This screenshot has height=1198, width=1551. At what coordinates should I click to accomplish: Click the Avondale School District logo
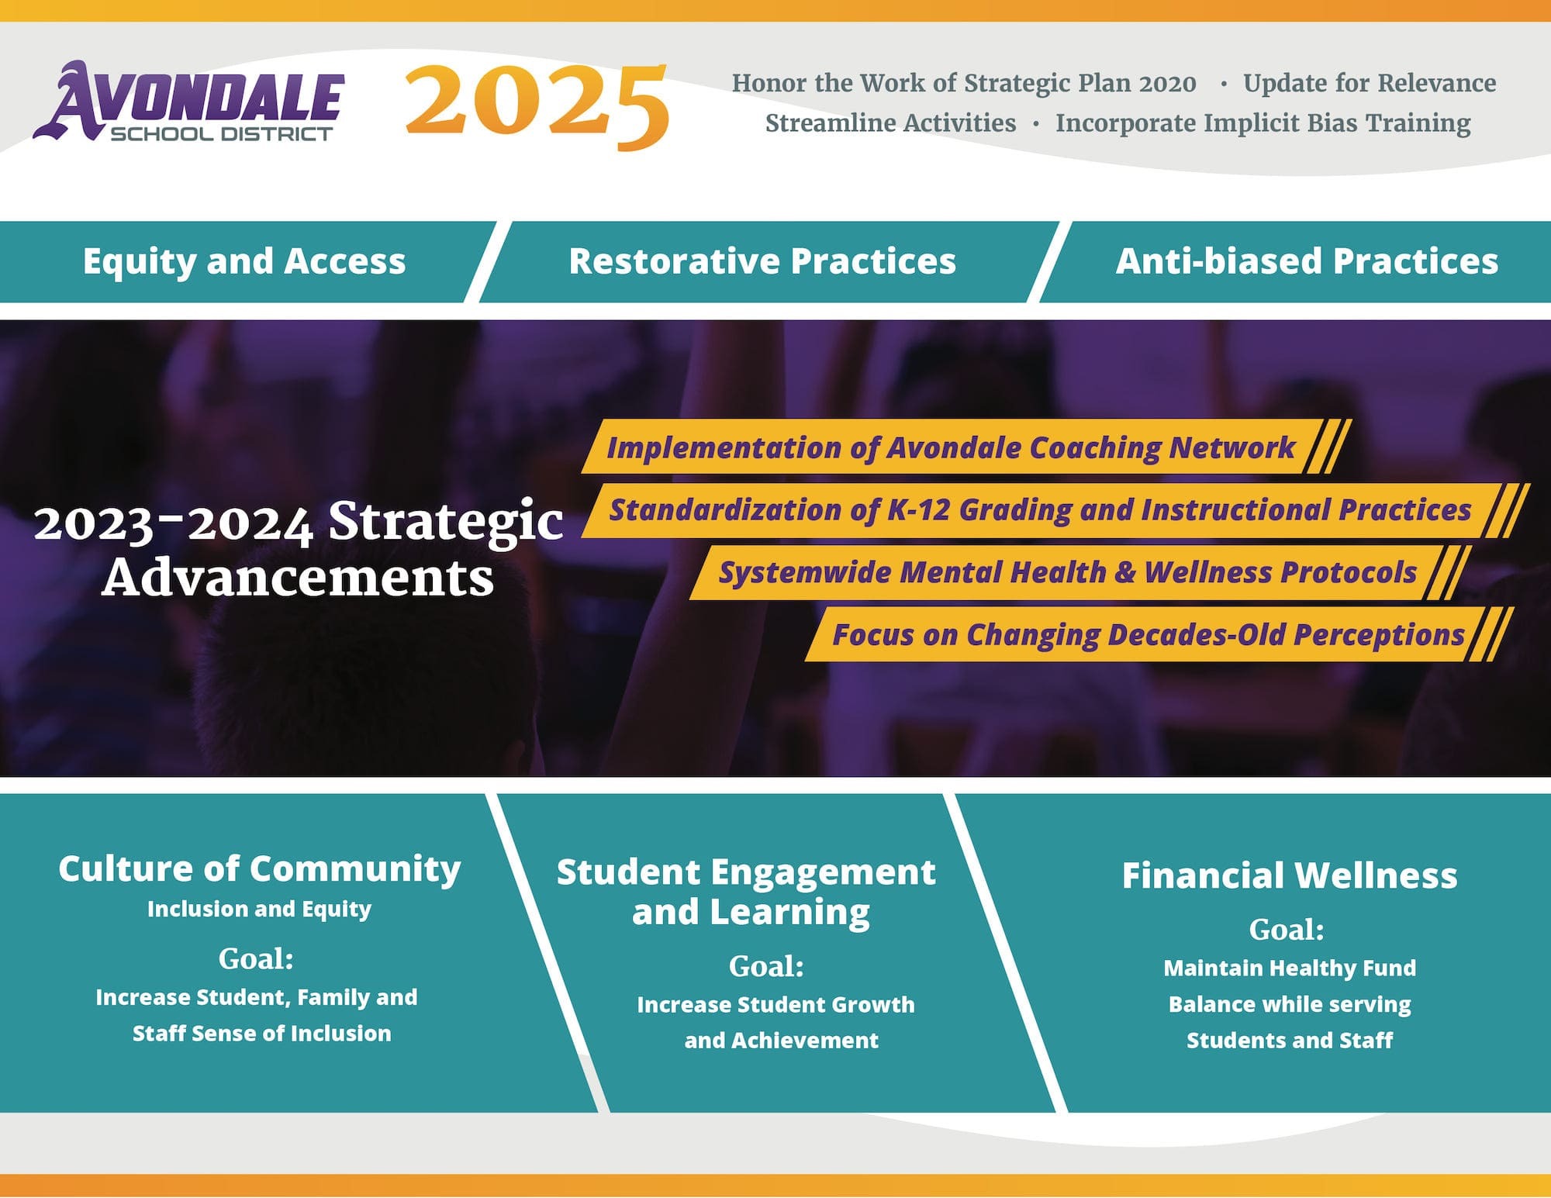(188, 102)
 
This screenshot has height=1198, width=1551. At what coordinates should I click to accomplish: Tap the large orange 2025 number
(537, 105)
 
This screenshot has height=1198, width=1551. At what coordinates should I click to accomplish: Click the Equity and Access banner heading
(244, 261)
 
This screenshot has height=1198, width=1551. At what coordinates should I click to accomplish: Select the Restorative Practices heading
(762, 261)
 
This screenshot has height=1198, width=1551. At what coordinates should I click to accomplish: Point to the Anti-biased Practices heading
(1307, 261)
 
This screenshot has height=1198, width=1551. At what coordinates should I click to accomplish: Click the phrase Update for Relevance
(1370, 83)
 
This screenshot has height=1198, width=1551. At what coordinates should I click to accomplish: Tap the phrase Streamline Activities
(890, 123)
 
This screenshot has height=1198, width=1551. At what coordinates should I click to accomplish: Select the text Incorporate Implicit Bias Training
(1263, 123)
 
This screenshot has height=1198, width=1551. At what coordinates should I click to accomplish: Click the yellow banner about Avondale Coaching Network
(951, 447)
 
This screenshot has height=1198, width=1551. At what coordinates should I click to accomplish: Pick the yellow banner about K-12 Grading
(1040, 510)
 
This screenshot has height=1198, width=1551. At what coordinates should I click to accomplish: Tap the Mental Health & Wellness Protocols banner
(1067, 572)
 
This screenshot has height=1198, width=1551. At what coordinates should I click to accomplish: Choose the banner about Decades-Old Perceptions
(1148, 634)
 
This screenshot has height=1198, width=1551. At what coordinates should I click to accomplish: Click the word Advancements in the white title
(298, 578)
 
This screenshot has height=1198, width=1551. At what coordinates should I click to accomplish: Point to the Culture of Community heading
(260, 868)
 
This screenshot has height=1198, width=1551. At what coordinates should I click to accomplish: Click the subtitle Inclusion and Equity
(260, 909)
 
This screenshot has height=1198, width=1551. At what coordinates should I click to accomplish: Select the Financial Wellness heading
(1290, 875)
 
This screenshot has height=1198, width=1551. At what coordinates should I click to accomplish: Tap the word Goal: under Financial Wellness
(1287, 929)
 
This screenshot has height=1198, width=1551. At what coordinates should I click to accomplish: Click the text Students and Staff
(1290, 1041)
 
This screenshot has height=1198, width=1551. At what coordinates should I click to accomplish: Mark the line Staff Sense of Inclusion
(261, 1034)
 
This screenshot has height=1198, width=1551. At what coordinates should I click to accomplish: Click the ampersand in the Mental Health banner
(1125, 572)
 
